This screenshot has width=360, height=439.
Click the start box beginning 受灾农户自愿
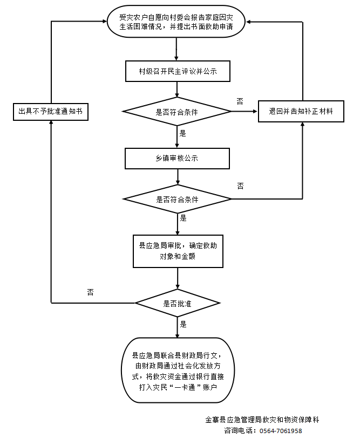coord(177,22)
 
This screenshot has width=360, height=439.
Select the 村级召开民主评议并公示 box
coord(177,71)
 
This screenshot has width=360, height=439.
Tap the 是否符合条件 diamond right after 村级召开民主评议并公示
coord(177,112)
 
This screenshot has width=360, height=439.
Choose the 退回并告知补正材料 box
coord(301,112)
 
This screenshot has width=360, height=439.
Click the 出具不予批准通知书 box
coord(50,111)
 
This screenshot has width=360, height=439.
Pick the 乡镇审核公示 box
coord(177,159)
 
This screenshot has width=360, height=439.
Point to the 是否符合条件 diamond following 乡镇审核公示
coord(177,199)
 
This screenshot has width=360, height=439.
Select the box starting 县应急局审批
coord(178,251)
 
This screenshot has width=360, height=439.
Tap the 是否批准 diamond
coord(178,304)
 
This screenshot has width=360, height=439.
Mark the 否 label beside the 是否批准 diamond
coord(90,292)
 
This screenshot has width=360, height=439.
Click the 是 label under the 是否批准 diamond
coord(184,324)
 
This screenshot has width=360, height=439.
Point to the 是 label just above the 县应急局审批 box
coord(184,218)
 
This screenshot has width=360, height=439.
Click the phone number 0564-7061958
coord(281,431)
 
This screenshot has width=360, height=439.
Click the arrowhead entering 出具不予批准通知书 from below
coord(50,122)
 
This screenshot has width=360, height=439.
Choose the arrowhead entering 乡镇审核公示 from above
coord(178,146)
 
